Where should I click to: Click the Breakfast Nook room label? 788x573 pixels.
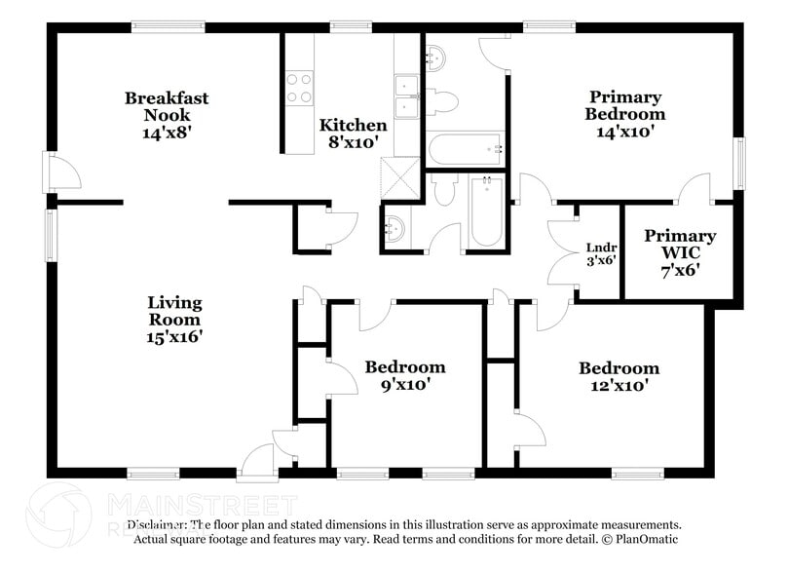(167, 115)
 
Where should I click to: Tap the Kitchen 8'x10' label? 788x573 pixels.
(354, 134)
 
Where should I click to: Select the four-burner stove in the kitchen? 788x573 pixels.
(298, 89)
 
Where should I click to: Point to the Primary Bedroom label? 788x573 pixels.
(624, 114)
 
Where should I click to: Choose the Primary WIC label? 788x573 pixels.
(680, 252)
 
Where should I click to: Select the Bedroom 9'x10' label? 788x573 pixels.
(405, 375)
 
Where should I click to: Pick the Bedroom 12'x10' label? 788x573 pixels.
(619, 376)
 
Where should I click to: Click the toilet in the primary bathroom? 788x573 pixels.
(444, 100)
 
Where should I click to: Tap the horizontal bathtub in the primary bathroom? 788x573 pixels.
(466, 149)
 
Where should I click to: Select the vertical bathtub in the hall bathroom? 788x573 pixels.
(486, 210)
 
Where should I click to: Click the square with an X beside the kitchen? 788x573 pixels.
(397, 179)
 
